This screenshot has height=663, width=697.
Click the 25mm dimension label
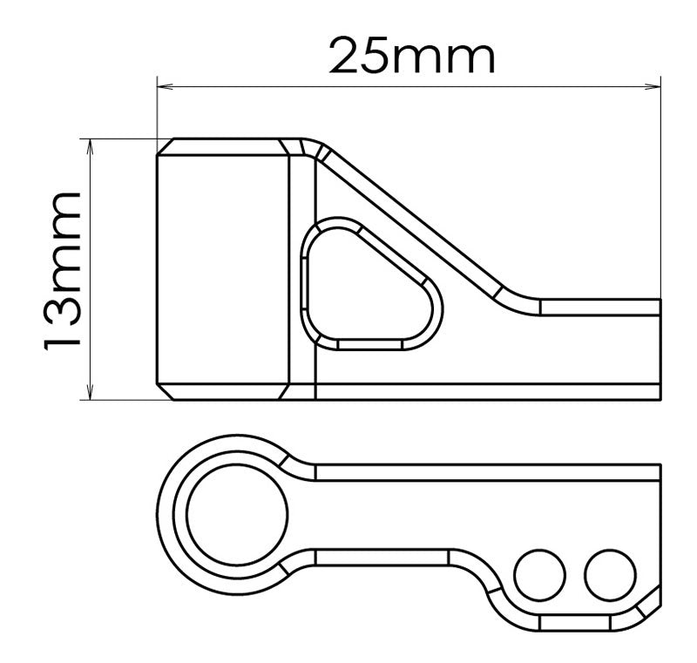click(411, 58)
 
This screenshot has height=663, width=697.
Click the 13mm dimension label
click(64, 271)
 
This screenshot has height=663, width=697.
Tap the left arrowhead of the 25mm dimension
click(163, 86)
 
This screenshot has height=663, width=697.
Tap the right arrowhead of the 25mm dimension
click(654, 86)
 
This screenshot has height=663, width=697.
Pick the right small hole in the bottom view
click(606, 573)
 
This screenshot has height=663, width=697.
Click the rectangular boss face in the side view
click(223, 270)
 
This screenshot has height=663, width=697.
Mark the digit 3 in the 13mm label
click(64, 309)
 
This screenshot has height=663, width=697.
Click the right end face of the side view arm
click(660, 348)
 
